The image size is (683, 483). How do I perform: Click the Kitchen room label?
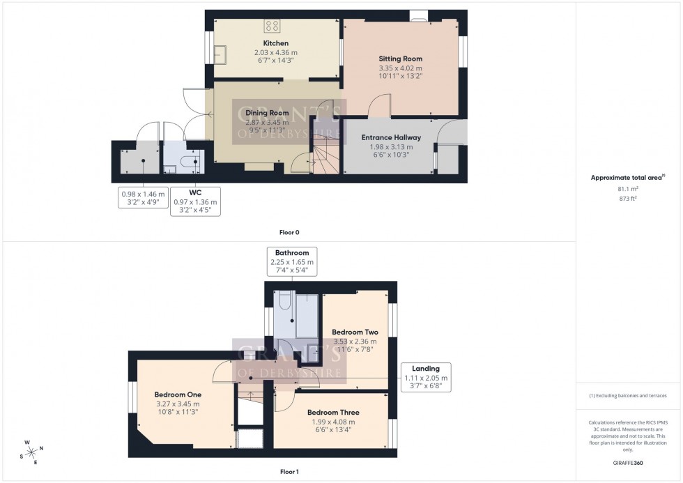tap(270, 43)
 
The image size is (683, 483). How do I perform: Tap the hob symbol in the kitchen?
tap(271, 26)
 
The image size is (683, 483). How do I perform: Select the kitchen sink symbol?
tap(223, 53)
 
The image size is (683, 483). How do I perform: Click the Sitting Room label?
tap(400, 59)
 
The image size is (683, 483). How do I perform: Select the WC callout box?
tap(194, 201)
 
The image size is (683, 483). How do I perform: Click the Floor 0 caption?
tap(288, 232)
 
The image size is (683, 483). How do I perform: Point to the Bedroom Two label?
tap(354, 332)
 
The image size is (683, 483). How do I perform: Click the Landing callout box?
tap(426, 377)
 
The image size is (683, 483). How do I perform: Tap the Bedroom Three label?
tap(331, 412)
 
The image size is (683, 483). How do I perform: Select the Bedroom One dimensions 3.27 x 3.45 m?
tap(177, 404)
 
